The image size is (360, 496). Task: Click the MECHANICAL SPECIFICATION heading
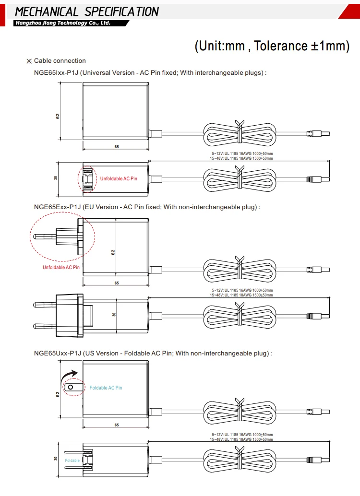(86, 11)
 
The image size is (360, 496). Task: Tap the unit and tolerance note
(271, 46)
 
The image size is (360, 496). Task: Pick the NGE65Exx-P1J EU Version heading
(147, 207)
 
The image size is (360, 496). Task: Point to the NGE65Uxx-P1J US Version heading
(153, 353)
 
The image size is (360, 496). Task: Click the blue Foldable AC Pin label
(106, 388)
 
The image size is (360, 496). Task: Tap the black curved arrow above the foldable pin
(70, 374)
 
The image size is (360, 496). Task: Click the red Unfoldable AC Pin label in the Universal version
(119, 178)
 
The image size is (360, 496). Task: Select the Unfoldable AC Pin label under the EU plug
(61, 267)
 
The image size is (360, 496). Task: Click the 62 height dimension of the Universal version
(57, 116)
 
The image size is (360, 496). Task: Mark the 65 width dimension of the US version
(117, 425)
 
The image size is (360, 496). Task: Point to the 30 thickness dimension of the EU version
(114, 315)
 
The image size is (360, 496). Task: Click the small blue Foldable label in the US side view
(72, 461)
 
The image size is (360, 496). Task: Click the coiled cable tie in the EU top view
(238, 267)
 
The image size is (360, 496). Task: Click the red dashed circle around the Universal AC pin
(86, 179)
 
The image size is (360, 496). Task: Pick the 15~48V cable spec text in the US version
(241, 439)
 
